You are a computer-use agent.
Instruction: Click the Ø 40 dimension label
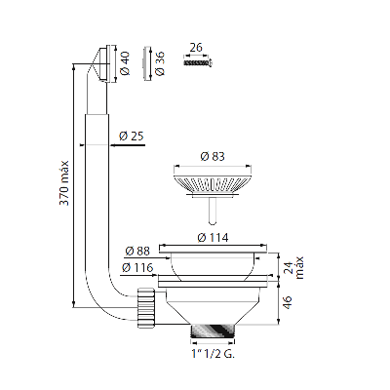pyautogui.click(x=126, y=63)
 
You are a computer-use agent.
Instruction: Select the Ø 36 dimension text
pyautogui.click(x=160, y=63)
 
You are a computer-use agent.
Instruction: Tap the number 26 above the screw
pyautogui.click(x=196, y=48)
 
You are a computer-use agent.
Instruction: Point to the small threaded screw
pyautogui.click(x=198, y=62)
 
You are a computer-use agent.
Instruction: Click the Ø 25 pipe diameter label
pyautogui.click(x=132, y=136)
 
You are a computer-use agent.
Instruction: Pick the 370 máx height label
pyautogui.click(x=64, y=183)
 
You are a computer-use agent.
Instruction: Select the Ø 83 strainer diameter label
pyautogui.click(x=213, y=157)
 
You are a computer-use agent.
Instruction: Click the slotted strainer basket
pyautogui.click(x=213, y=184)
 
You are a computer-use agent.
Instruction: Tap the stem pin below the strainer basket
pyautogui.click(x=213, y=211)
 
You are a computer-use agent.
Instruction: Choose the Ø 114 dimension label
pyautogui.click(x=213, y=238)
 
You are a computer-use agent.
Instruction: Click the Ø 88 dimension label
pyautogui.click(x=137, y=252)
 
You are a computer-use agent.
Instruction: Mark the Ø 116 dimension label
pyautogui.click(x=137, y=268)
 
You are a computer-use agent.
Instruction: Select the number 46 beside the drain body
pyautogui.click(x=287, y=302)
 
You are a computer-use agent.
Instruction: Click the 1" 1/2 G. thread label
pyautogui.click(x=214, y=354)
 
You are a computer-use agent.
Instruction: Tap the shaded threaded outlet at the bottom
pyautogui.click(x=213, y=331)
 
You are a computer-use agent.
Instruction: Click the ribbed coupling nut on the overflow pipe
pyautogui.click(x=147, y=306)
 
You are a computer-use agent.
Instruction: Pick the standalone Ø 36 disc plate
pyautogui.click(x=146, y=62)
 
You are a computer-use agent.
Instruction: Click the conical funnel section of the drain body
pyautogui.click(x=213, y=308)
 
